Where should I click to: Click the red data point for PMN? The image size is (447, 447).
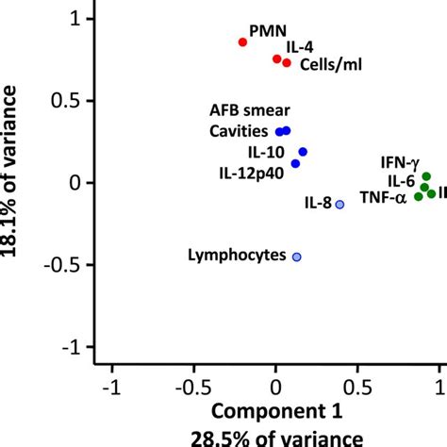[x=242, y=42]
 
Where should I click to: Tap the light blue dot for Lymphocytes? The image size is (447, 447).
[x=296, y=257]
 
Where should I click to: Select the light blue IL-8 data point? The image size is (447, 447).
[x=340, y=204]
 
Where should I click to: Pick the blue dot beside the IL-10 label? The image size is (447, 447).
[x=303, y=152]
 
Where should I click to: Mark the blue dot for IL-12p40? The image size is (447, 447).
[x=295, y=164]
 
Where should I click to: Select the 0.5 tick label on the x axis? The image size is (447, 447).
[x=357, y=386]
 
